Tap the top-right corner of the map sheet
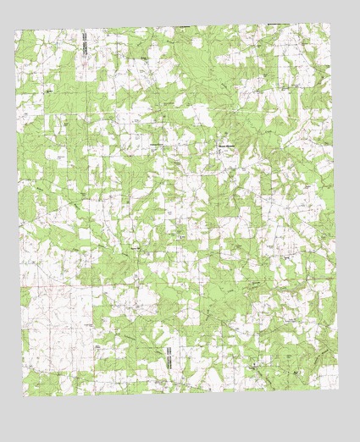click(328, 24)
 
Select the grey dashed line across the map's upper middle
click(169, 111)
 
